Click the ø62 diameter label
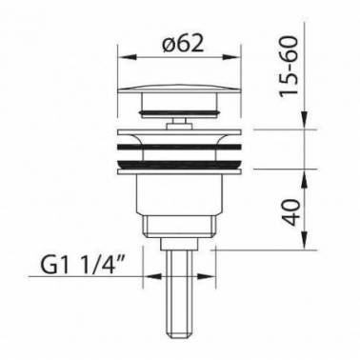183,44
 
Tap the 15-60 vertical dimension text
290,66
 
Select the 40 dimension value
290,211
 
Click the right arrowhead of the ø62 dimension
231,57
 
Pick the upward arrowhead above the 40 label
305,178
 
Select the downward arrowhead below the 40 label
305,240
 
